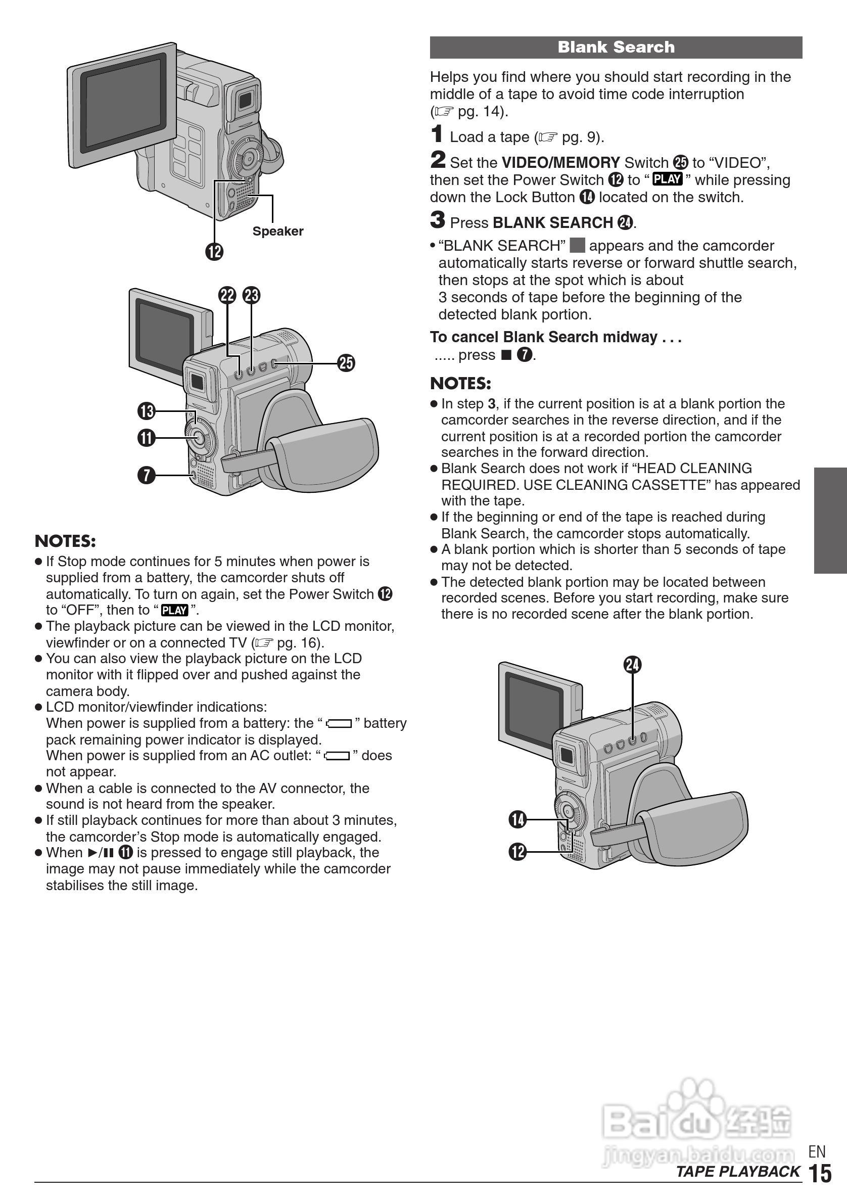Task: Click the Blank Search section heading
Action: point(616,47)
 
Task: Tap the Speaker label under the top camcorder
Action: point(277,231)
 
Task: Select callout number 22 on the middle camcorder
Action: point(227,296)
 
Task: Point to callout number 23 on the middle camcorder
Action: point(252,296)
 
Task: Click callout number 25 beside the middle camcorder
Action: point(346,362)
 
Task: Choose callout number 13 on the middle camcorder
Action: point(147,411)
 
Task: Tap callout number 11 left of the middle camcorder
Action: point(147,438)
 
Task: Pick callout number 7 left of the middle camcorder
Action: point(147,475)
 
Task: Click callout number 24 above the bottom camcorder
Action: point(632,664)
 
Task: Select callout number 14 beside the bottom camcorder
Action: point(517,819)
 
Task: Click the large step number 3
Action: point(437,220)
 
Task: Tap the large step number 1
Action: point(437,134)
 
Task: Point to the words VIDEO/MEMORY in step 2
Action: point(560,162)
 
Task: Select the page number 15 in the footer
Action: point(820,1174)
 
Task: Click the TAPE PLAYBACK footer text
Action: point(737,1172)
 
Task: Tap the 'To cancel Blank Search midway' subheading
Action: point(555,337)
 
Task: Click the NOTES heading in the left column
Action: point(66,541)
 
